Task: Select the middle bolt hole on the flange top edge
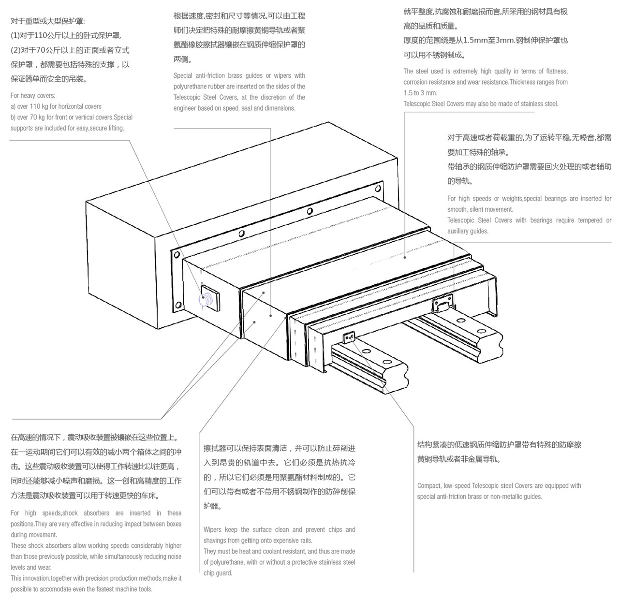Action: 309,211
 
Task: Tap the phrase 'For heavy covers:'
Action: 33,96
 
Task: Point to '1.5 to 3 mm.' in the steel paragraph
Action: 420,93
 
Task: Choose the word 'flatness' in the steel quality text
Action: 556,72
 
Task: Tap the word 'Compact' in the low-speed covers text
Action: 429,486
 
